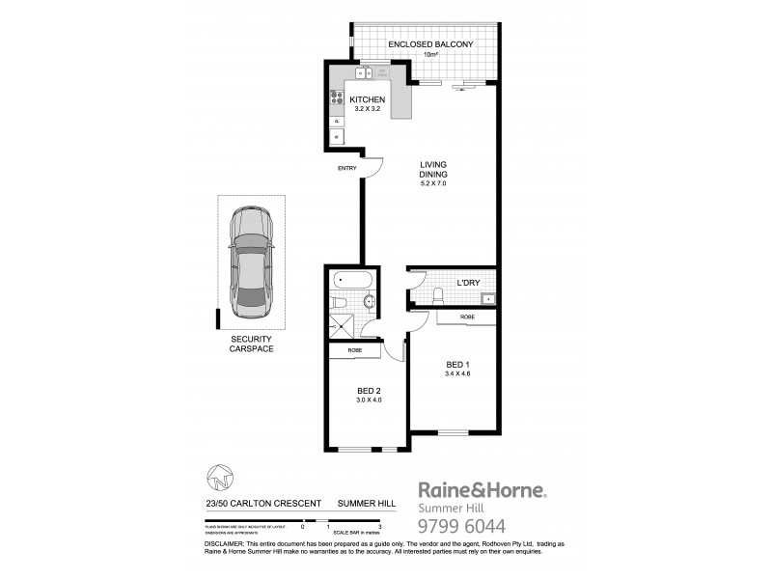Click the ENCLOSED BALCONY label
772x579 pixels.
coord(429,44)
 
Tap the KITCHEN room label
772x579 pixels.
coord(367,100)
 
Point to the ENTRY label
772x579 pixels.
coord(346,169)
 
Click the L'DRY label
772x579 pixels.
coord(467,282)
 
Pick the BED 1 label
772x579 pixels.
coord(456,364)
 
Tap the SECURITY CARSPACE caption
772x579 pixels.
coord(252,344)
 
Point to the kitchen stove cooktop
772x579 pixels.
coord(337,96)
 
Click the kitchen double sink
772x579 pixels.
coord(365,72)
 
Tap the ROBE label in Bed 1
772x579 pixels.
coord(467,317)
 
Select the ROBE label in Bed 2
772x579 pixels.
coord(355,350)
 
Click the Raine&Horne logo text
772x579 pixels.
coord(481,490)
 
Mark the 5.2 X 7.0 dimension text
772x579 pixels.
coord(433,183)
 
